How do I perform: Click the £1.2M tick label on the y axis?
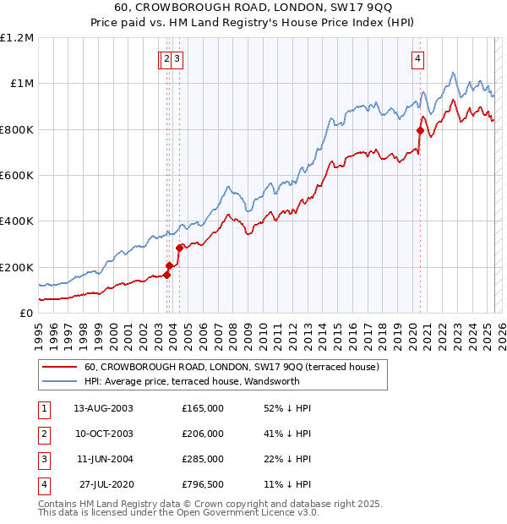[17, 37]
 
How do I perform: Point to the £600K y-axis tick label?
[17, 175]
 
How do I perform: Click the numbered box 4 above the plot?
[418, 58]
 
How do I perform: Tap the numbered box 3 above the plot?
[180, 58]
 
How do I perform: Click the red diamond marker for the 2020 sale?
[420, 130]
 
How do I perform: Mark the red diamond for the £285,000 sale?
[179, 248]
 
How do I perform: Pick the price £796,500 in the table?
[202, 484]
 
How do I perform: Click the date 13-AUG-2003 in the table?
[103, 408]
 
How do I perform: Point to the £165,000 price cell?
[202, 408]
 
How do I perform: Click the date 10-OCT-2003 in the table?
[103, 434]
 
